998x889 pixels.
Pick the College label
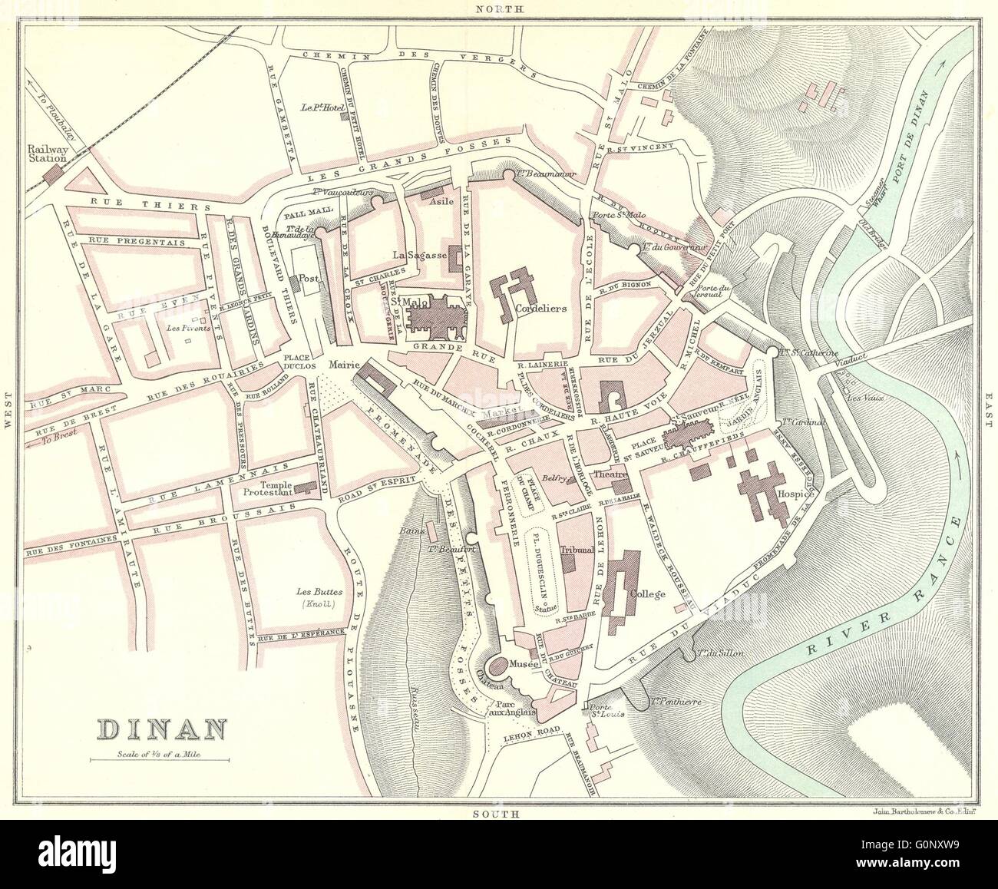(646, 593)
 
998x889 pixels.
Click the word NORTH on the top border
(499, 8)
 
